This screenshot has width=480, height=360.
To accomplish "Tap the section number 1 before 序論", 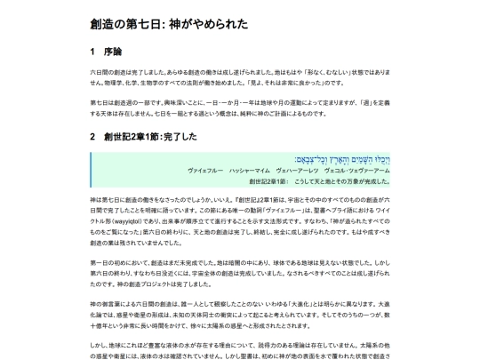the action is click(x=93, y=51).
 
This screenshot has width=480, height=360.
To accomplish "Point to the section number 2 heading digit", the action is click(x=93, y=137).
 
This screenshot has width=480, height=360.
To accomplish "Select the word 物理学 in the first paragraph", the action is click(x=114, y=81).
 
